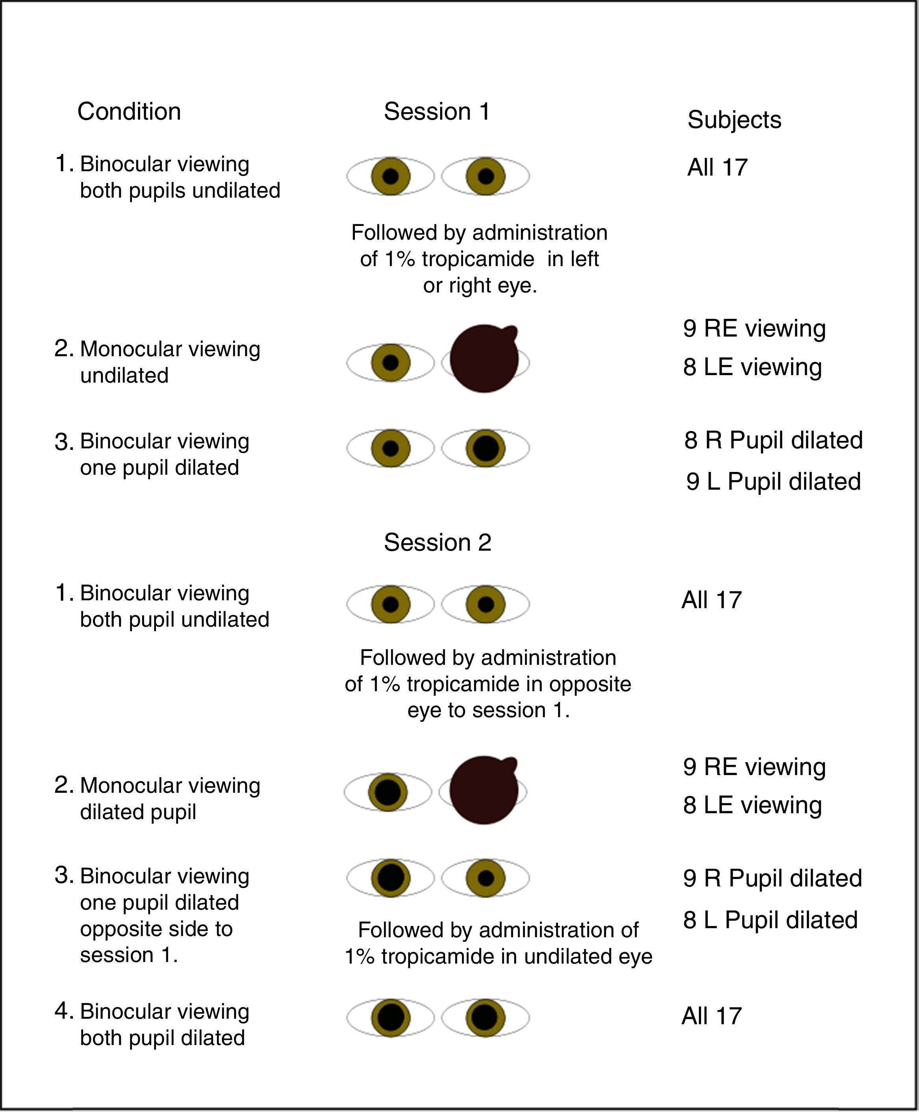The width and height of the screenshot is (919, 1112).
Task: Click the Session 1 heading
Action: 437,112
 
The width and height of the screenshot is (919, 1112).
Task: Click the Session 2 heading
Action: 437,542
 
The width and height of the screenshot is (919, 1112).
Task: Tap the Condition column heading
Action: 129,112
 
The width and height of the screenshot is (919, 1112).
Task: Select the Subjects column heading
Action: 734,120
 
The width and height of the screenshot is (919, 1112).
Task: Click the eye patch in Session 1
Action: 484,358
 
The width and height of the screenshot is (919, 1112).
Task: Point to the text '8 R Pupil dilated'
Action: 773,440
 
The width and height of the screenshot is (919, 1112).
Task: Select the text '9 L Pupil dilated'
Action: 773,481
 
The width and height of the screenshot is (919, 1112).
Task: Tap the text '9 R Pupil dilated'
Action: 772,878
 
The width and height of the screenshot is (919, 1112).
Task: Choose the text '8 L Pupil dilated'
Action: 770,920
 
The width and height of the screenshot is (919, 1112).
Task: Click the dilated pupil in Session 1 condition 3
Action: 485,448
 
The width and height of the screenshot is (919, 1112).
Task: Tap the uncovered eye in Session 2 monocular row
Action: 388,792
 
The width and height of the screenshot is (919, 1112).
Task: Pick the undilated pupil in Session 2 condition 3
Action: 485,878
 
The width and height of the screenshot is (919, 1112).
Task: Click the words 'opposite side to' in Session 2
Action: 156,929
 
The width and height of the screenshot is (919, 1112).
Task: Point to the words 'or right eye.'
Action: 480,286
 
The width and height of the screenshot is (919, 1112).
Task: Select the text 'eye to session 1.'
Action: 488,710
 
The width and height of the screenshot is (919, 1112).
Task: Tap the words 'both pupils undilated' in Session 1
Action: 180,191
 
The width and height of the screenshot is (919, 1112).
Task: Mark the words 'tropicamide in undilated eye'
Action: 516,957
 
